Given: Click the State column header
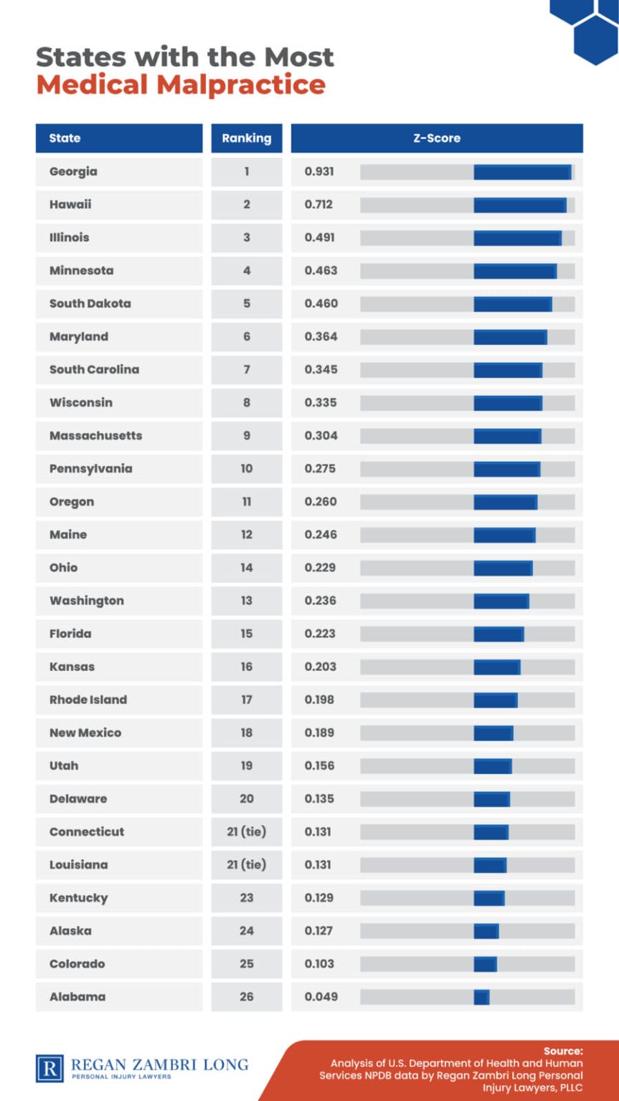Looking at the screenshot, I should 65,138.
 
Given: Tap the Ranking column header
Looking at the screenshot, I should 247,138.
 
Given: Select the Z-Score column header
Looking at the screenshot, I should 436,138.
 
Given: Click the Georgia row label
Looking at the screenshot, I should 73,171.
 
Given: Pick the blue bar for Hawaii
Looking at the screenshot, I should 520,205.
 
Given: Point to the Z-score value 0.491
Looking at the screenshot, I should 319,237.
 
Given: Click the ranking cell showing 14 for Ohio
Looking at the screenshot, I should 247,568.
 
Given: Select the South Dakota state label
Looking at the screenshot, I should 90,303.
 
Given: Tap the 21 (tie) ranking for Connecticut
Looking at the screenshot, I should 247,831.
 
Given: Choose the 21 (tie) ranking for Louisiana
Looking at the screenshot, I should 247,864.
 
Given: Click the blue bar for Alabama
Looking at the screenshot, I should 481,997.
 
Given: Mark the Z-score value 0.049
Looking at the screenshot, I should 321,996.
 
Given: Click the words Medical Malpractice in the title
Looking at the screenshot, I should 181,85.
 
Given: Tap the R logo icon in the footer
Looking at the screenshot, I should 49,1068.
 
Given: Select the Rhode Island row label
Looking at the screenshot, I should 88,700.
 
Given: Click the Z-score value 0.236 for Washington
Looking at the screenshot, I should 320,601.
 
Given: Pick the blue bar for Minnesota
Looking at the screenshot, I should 515,271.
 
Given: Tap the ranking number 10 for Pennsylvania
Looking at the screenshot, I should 247,469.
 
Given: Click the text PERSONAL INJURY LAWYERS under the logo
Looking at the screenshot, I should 121,1077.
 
